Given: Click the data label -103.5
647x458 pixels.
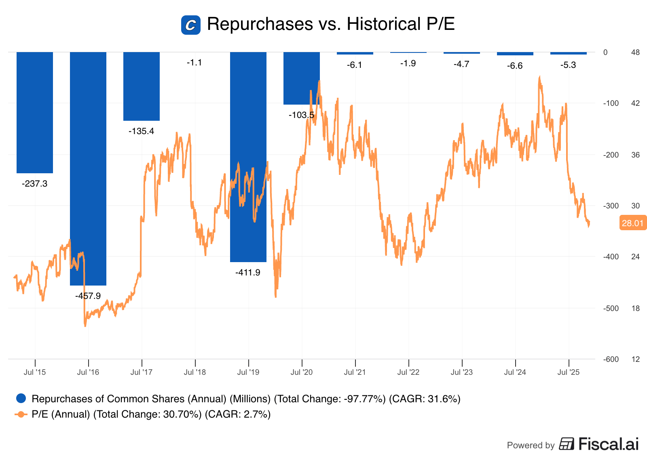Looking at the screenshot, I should click(x=301, y=115).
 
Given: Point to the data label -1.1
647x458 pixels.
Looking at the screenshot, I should click(x=194, y=63).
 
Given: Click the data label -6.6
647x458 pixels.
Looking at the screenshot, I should click(x=515, y=66).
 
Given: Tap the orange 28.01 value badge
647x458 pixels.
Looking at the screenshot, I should click(x=632, y=223).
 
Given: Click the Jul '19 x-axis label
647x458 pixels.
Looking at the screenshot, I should click(x=248, y=372).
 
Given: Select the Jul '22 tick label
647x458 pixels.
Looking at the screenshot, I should click(x=408, y=372).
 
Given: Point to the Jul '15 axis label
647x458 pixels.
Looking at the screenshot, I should click(x=35, y=372).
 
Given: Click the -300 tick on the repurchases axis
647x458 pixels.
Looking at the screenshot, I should click(x=611, y=206).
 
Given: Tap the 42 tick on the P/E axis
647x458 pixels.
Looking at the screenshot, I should click(x=636, y=103).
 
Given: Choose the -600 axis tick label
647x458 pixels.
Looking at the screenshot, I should click(x=611, y=359).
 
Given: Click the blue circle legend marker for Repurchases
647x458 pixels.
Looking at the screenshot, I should click(x=21, y=399).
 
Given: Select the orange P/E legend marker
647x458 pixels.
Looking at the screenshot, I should click(x=21, y=414).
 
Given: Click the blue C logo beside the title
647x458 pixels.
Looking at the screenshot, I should click(x=191, y=25).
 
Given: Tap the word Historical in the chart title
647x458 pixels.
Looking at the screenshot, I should click(x=383, y=24).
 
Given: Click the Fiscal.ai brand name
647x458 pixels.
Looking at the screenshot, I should click(x=609, y=444).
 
